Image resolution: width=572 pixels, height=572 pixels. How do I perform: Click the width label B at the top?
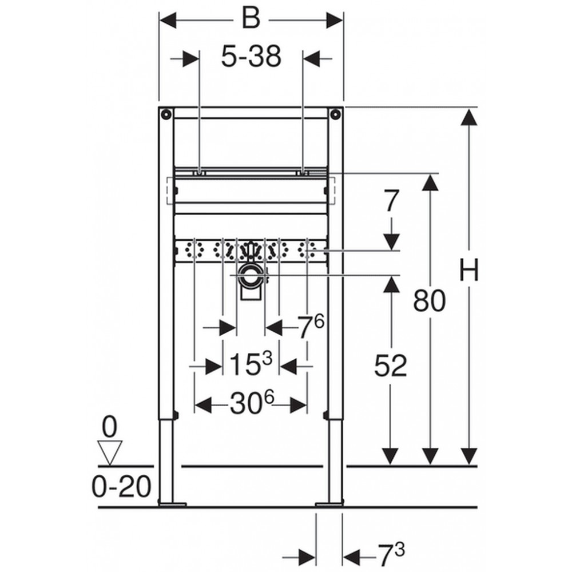[251, 19]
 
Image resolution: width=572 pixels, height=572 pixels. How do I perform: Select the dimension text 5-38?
[251, 57]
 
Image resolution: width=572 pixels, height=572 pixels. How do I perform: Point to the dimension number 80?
[430, 301]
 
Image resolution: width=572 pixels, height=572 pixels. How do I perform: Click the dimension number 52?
[391, 366]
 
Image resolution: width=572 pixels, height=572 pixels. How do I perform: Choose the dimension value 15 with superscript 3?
[251, 363]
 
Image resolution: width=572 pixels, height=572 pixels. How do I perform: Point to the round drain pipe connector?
[251, 276]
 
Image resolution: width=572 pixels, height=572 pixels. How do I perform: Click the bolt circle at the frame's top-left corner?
[166, 114]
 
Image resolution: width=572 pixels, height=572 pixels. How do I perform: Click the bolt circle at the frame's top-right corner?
[335, 114]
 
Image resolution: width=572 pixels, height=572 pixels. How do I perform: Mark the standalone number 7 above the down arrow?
[391, 200]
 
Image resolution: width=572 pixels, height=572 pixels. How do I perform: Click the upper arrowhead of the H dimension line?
[469, 117]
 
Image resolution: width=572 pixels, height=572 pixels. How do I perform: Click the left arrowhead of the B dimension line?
[169, 20]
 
